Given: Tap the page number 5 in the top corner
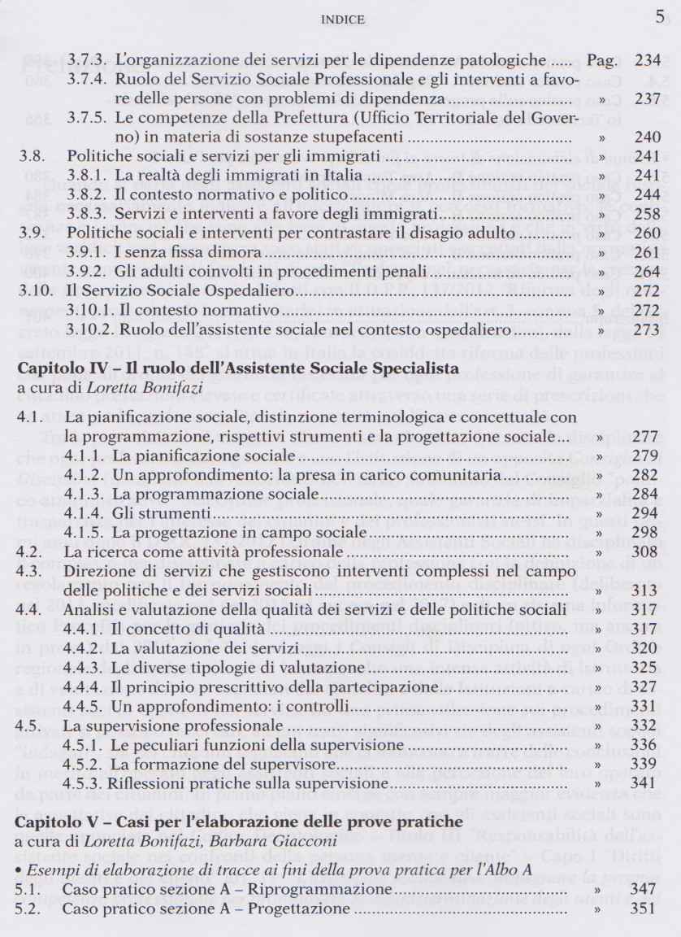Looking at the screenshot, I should click(659, 16).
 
